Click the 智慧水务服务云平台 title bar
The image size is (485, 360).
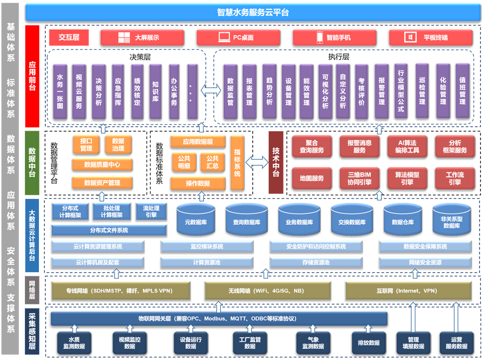(253, 12)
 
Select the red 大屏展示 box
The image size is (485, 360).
(142, 37)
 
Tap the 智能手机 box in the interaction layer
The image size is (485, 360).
(334, 37)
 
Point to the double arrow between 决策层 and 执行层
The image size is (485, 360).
(210, 91)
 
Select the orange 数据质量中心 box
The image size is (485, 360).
(102, 164)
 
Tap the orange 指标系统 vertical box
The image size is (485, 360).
(237, 163)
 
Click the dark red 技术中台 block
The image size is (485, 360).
(276, 163)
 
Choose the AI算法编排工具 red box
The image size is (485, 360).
(407, 146)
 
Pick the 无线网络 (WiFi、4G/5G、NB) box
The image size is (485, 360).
(267, 290)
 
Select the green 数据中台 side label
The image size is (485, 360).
(32, 163)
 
